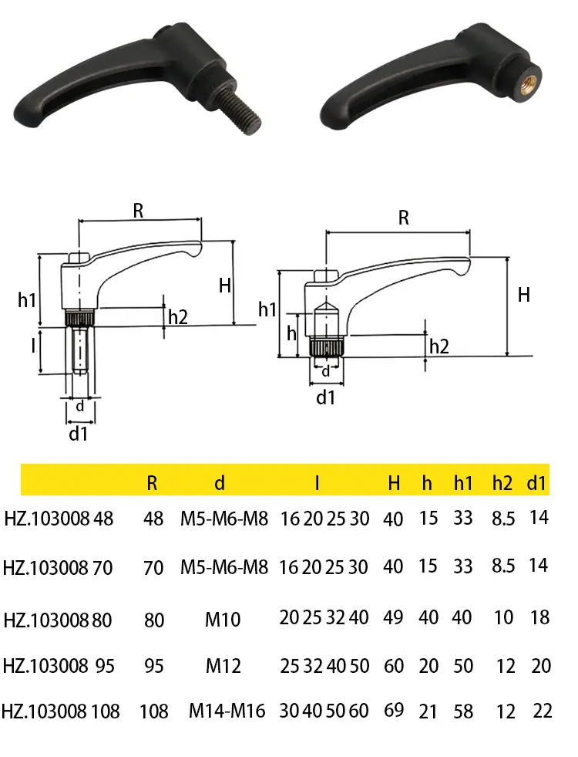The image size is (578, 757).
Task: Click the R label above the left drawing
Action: (x=139, y=211)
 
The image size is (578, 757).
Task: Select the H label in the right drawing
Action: (x=524, y=295)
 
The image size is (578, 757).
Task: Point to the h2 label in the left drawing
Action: (x=178, y=317)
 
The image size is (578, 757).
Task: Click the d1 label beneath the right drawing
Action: (x=325, y=398)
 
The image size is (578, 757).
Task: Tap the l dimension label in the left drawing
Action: (x=33, y=346)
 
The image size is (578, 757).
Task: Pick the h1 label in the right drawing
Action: (x=267, y=309)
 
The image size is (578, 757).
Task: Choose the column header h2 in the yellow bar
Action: (x=502, y=483)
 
